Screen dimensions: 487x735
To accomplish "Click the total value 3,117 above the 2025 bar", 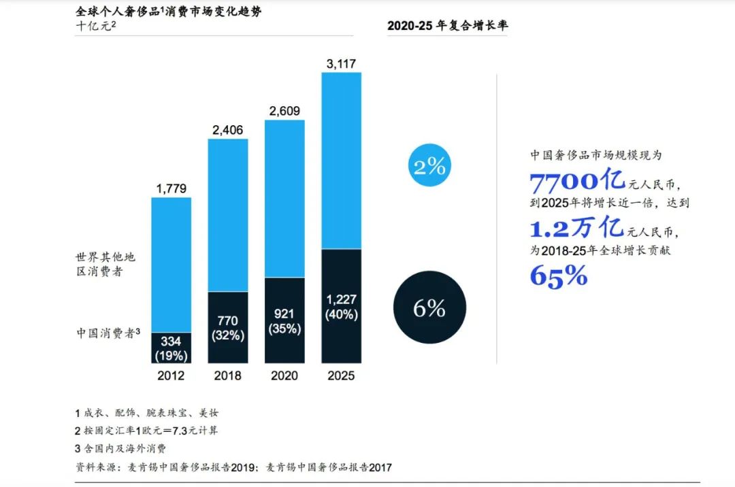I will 341,64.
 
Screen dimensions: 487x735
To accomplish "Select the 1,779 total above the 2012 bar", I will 171,188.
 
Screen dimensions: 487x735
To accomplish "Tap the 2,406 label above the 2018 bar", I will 228,130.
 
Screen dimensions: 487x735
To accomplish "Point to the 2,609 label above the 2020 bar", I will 284,111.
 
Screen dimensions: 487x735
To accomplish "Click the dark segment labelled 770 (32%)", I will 228,327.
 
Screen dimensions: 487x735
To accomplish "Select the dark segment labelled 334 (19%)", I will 171,348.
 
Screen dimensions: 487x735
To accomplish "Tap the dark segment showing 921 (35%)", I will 284,320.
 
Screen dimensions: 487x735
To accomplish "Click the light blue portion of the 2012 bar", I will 171,265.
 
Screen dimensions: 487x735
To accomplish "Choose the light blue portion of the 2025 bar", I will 341,161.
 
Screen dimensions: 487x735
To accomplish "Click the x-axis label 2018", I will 228,375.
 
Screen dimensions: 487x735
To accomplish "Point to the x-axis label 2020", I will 284,375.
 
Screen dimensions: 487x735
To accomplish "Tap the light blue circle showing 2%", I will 429,166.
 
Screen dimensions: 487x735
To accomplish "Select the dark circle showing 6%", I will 429,309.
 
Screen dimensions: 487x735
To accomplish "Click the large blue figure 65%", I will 558,275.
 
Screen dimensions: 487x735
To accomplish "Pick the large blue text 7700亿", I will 577,181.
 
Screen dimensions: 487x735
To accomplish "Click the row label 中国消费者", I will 107,333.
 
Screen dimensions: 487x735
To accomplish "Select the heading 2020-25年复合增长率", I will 447,26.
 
